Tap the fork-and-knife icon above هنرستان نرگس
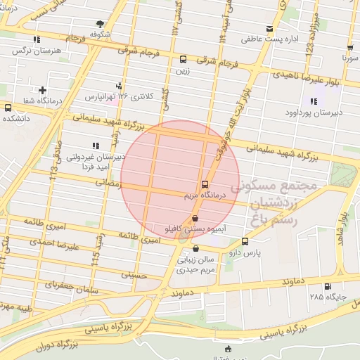point(36,41)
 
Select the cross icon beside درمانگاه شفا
point(44,90)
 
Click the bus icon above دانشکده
point(8,108)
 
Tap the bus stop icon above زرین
point(184,60)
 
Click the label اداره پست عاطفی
point(271,39)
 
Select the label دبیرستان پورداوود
point(313,112)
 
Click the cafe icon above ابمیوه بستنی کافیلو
point(195,219)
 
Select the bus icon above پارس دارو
point(245,240)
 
